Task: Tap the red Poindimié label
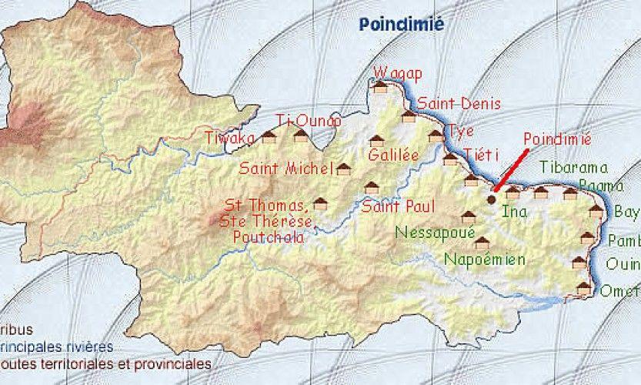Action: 556,139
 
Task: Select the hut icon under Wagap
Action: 380,86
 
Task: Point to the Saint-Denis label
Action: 459,103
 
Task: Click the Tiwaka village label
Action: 229,138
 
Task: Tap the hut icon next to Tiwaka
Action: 269,137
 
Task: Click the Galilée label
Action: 393,156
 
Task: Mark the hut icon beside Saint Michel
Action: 343,169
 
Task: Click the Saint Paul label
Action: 398,206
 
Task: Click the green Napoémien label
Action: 485,259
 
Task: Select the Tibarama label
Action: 573,167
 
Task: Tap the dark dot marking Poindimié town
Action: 492,199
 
